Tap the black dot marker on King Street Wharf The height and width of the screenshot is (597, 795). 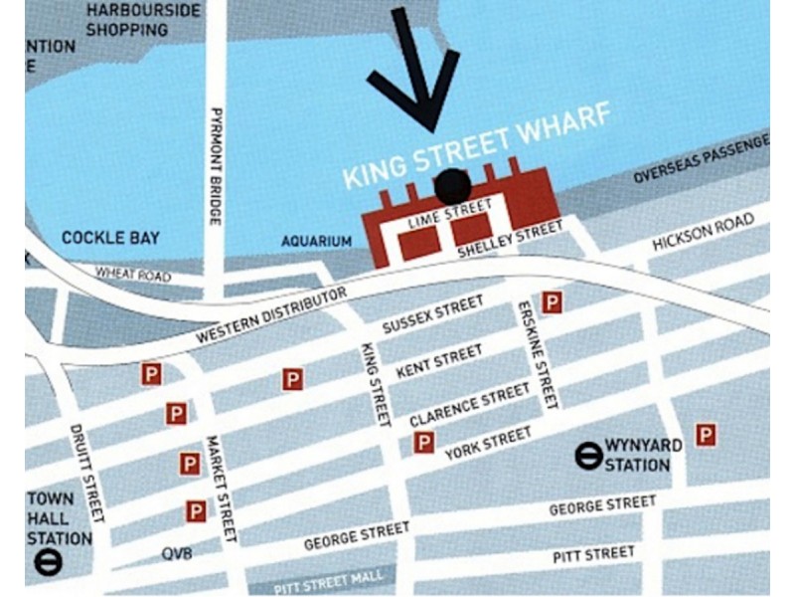[x=453, y=186]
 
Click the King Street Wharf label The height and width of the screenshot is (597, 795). [x=476, y=146]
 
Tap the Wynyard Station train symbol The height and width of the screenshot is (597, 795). [x=588, y=456]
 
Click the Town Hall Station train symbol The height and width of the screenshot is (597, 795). [x=47, y=562]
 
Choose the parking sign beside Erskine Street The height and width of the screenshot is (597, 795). [x=552, y=302]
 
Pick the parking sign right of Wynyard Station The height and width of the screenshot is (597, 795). [x=706, y=434]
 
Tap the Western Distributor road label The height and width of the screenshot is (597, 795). [x=271, y=315]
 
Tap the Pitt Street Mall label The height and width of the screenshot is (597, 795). [x=328, y=581]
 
